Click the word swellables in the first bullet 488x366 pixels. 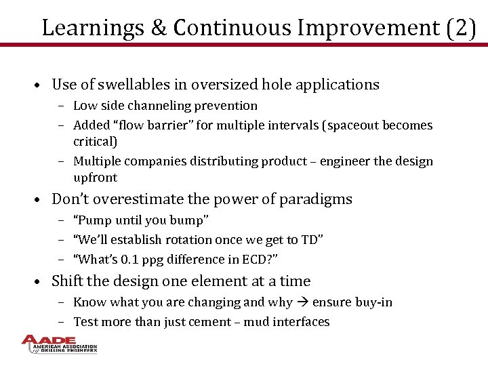(x=129, y=85)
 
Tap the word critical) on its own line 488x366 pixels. (x=95, y=142)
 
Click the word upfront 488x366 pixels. (x=95, y=178)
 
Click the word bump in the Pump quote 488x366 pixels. (x=186, y=220)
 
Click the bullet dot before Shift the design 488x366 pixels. (x=41, y=282)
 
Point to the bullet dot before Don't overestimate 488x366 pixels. (x=41, y=200)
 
